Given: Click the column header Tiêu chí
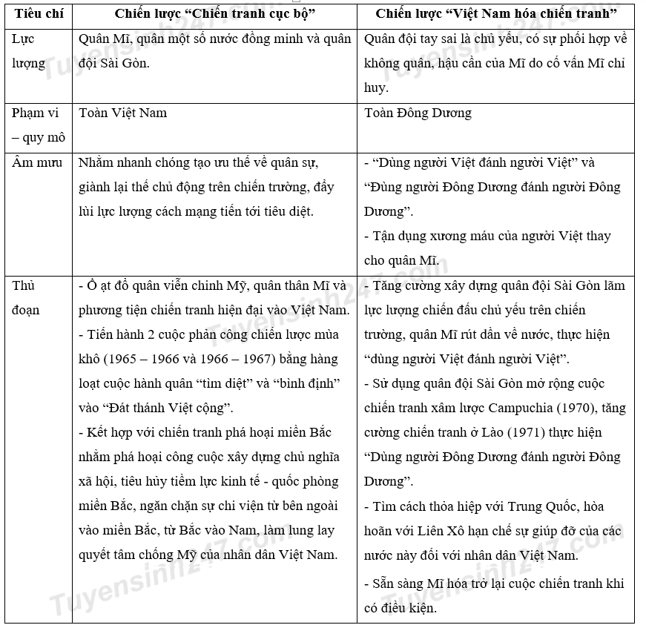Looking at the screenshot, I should [38, 14].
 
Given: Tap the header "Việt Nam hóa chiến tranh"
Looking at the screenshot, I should [495, 14].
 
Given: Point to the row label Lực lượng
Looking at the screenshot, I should [29, 50].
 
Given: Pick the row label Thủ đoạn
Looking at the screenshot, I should [25, 297].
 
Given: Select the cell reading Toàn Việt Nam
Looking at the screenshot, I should [123, 113].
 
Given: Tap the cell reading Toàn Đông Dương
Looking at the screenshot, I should [418, 113].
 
